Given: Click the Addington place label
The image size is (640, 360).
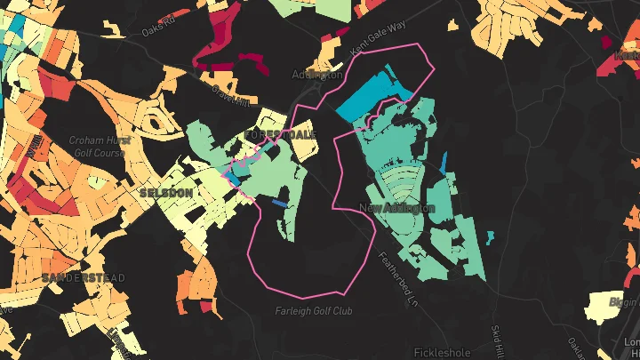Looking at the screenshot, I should pyautogui.click(x=317, y=76).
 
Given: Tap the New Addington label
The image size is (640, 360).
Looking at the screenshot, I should pyautogui.click(x=397, y=208).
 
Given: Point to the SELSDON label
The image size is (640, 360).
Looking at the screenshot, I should pyautogui.click(x=165, y=192).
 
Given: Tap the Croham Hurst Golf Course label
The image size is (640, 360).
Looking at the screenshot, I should pyautogui.click(x=99, y=147).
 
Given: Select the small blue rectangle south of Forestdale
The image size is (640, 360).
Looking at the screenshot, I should pyautogui.click(x=279, y=204).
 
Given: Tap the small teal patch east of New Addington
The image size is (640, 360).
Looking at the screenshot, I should pyautogui.click(x=444, y=164).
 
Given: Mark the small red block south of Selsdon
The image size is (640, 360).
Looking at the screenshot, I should pyautogui.click(x=210, y=307).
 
